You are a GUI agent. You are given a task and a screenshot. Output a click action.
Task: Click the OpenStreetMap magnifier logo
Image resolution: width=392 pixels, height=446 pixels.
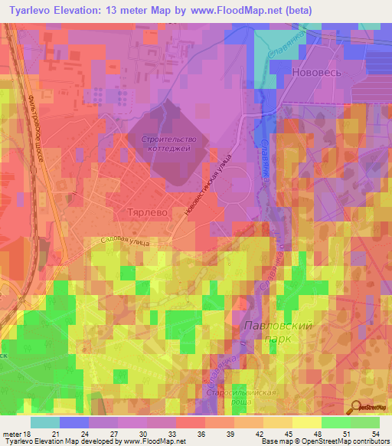(358, 408)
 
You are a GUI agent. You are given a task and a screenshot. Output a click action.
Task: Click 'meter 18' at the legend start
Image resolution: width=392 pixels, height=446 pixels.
(15, 434)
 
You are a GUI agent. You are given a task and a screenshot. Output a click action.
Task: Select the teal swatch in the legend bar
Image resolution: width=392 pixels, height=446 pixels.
(45, 422)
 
